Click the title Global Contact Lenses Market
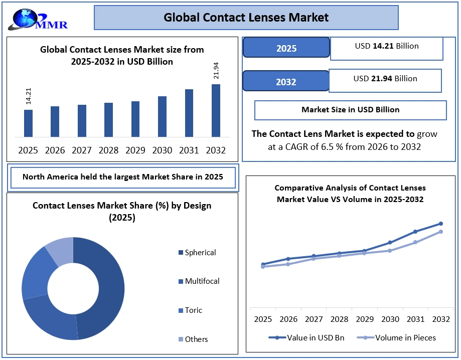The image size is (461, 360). [246, 18]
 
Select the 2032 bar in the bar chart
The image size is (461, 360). [216, 110]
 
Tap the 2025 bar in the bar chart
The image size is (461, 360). [28, 123]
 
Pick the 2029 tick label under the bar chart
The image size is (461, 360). [135, 150]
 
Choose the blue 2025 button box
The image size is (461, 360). [286, 48]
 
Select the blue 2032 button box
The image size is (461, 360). [286, 81]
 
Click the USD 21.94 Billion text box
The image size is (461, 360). [385, 79]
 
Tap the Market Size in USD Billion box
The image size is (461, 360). [350, 110]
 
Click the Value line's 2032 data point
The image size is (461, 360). [441, 224]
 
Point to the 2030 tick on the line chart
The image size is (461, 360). [390, 319]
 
